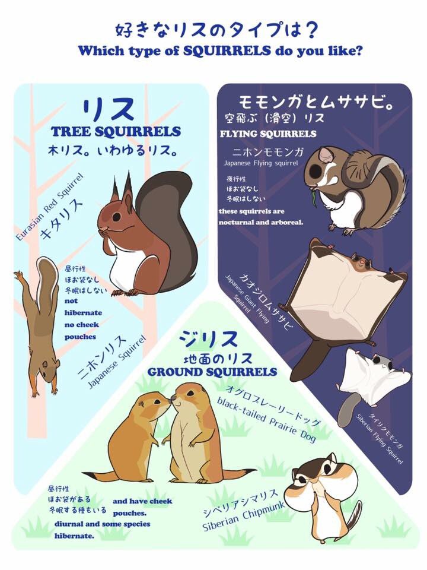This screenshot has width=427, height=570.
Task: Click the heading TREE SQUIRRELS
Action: [x=116, y=132]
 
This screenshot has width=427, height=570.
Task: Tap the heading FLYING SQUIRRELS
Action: [x=268, y=134]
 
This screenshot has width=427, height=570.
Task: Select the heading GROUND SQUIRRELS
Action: [x=212, y=372]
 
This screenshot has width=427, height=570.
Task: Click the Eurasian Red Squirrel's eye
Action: [x=116, y=214]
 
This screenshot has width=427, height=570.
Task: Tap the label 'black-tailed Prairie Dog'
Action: [x=267, y=420]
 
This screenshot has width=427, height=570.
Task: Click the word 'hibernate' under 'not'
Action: [x=84, y=312]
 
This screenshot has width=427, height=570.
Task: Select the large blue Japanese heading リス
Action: [x=109, y=110]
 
